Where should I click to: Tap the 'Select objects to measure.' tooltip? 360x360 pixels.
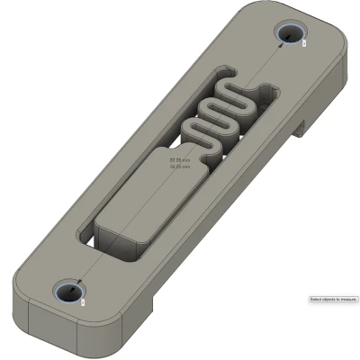click(x=333, y=299)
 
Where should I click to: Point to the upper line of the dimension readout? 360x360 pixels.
click(x=181, y=161)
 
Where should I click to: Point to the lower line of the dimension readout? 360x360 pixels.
click(x=181, y=166)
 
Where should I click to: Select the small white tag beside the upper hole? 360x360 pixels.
click(x=305, y=41)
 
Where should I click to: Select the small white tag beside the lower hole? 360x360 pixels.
click(x=84, y=302)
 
